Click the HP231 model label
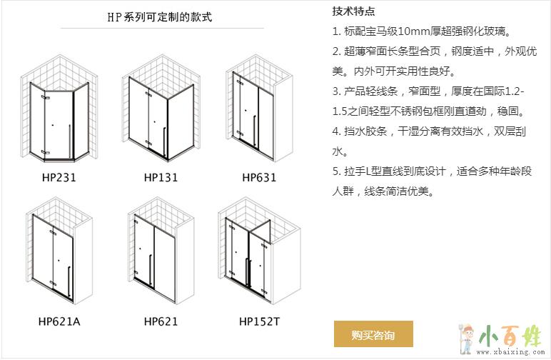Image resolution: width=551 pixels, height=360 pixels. tap(59, 177)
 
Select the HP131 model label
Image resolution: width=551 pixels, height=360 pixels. tap(161, 177)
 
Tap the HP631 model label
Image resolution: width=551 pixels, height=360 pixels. tap(259, 177)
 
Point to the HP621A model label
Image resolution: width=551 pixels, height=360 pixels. tap(59, 321)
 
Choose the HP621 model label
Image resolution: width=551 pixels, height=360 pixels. tap(161, 321)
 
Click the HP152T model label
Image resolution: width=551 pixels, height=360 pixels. tap(259, 321)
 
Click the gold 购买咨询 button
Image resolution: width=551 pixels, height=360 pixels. tap(373, 334)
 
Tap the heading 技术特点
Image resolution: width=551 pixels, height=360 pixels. tap(353, 11)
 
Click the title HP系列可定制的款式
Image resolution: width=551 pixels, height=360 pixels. tap(160, 16)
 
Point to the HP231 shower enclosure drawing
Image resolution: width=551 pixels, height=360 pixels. tap(59, 109)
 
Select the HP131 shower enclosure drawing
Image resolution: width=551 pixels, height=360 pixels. tap(161, 108)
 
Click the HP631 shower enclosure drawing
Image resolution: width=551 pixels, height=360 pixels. tap(259, 108)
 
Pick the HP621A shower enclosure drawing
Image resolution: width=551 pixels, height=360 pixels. tap(59, 251)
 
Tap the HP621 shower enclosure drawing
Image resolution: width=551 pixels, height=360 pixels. tap(161, 251)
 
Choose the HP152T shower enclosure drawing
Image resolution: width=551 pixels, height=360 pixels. tap(259, 251)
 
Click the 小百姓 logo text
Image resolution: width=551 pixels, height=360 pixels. tap(510, 335)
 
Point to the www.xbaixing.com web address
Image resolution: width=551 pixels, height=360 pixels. tap(510, 351)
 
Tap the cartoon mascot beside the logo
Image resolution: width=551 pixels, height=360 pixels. tap(467, 338)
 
